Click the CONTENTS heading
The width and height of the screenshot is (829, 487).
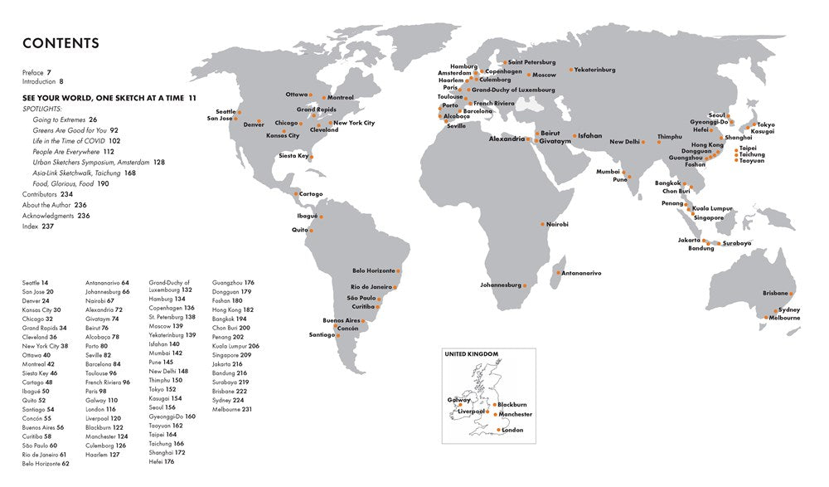tap(61, 43)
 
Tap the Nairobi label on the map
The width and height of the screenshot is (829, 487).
tap(557, 225)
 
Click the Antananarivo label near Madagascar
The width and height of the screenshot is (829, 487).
tap(581, 273)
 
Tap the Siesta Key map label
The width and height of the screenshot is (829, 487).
tap(293, 155)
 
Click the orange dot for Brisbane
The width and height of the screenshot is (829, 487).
tap(791, 294)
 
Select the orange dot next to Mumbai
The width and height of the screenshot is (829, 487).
tap(624, 174)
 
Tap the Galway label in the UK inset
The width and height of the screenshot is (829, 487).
tap(459, 399)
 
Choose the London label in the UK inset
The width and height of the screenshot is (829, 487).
tap(513, 430)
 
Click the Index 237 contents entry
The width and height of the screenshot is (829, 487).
tap(38, 226)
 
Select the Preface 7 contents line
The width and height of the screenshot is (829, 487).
tap(37, 73)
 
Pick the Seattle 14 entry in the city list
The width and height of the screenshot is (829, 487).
tap(35, 283)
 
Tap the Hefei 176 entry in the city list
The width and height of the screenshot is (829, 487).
tap(164, 463)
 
